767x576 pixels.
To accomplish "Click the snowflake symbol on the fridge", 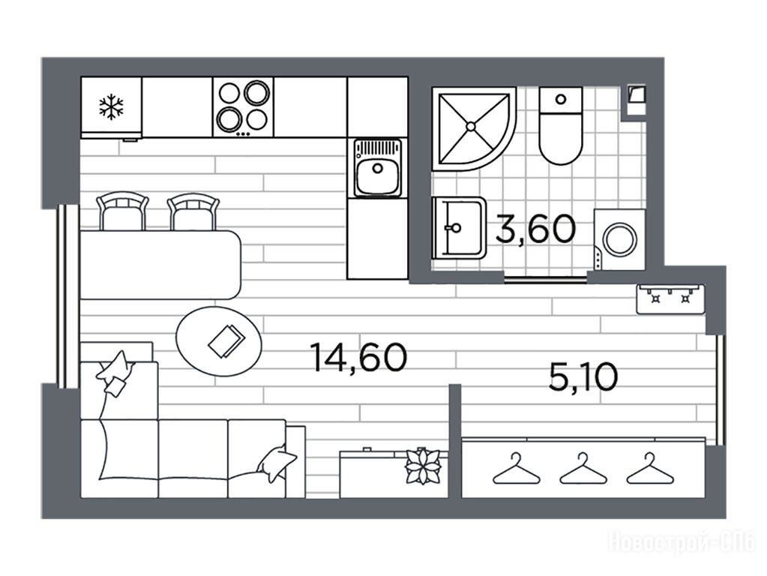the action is click(x=111, y=108).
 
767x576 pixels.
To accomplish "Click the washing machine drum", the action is click(x=620, y=239).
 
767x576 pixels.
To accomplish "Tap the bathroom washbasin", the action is click(x=460, y=227).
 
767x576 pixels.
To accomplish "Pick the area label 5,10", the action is click(x=583, y=376).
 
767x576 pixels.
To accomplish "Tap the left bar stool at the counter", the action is click(x=123, y=211).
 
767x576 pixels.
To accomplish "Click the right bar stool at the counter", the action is click(x=193, y=211).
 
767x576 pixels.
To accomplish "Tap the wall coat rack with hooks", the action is click(x=670, y=298).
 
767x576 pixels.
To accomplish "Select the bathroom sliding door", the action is click(x=545, y=280).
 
